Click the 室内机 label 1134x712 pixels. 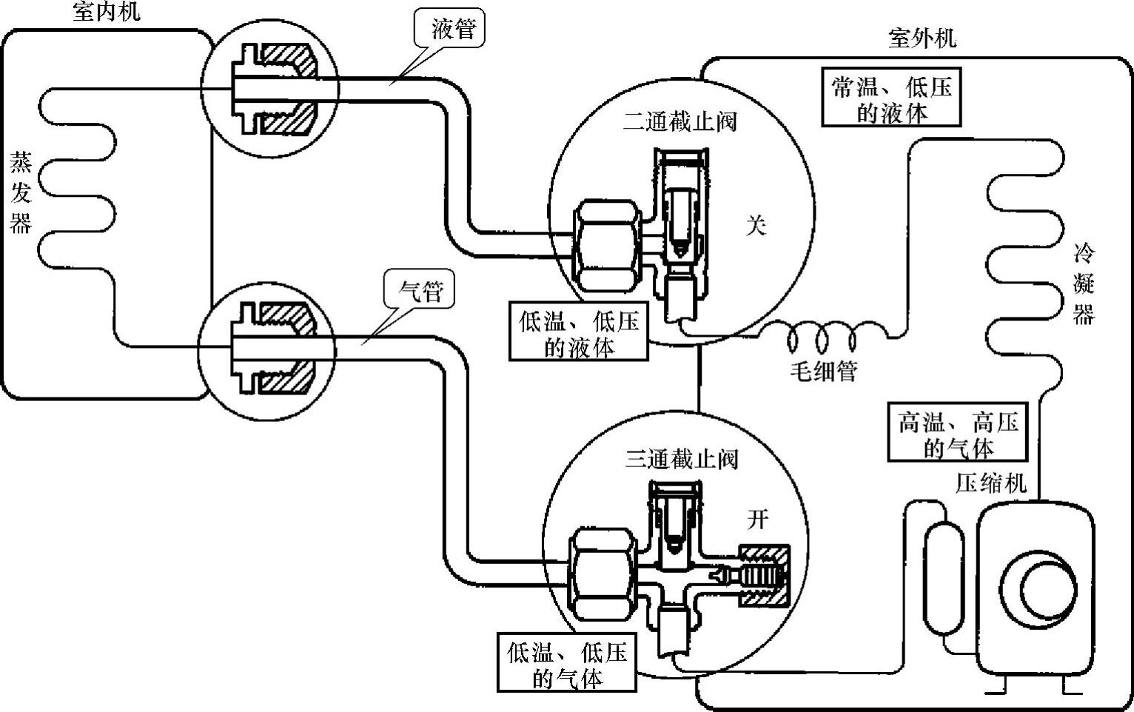pos(106,13)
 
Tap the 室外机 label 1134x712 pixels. pos(921,38)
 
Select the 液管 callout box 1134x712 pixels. pos(449,30)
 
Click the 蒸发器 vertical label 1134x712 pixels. pos(20,192)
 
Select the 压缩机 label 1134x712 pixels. pos(991,483)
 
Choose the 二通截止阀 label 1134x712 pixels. pos(680,121)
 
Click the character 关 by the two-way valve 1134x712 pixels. pos(755,226)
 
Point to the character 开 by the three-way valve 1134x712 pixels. pos(757,520)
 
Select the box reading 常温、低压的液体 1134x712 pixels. pos(891,100)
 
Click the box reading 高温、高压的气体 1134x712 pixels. pos(958,434)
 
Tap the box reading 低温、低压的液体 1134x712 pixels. pos(578,334)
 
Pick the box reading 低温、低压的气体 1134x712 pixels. pos(567,664)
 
